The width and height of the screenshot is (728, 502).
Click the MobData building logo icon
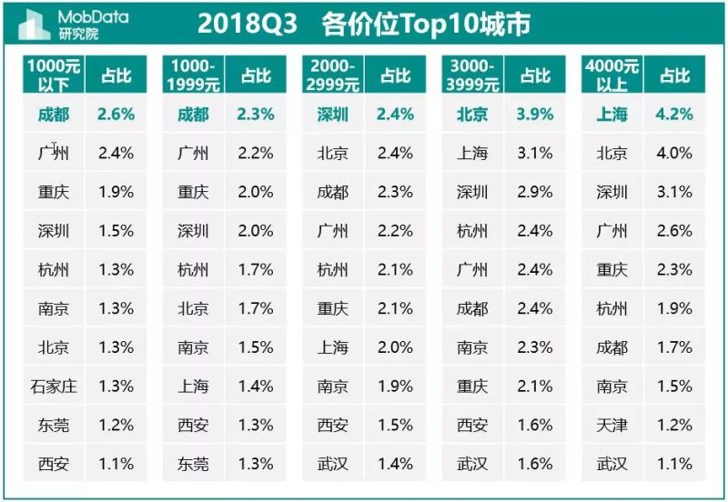pyautogui.click(x=35, y=25)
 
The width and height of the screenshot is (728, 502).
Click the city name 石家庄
pyautogui.click(x=54, y=387)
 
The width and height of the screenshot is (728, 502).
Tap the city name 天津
pyautogui.click(x=612, y=426)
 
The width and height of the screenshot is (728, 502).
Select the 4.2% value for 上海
pyautogui.click(x=674, y=115)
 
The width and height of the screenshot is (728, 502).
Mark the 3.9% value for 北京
pyautogui.click(x=534, y=115)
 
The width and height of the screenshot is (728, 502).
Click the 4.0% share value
pyautogui.click(x=674, y=154)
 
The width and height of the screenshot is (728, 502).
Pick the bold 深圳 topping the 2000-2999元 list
pyautogui.click(x=333, y=115)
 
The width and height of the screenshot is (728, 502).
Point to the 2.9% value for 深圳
pyautogui.click(x=534, y=193)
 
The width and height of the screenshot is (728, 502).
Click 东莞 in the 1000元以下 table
pyautogui.click(x=54, y=426)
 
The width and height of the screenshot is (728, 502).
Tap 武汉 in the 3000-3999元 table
pyautogui.click(x=472, y=465)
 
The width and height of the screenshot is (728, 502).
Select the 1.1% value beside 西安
pyautogui.click(x=116, y=465)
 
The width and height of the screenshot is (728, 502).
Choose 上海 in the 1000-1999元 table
pyautogui.click(x=193, y=387)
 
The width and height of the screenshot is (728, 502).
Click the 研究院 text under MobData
pyautogui.click(x=77, y=35)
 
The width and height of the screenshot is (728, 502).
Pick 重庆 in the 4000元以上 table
pyautogui.click(x=612, y=270)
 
